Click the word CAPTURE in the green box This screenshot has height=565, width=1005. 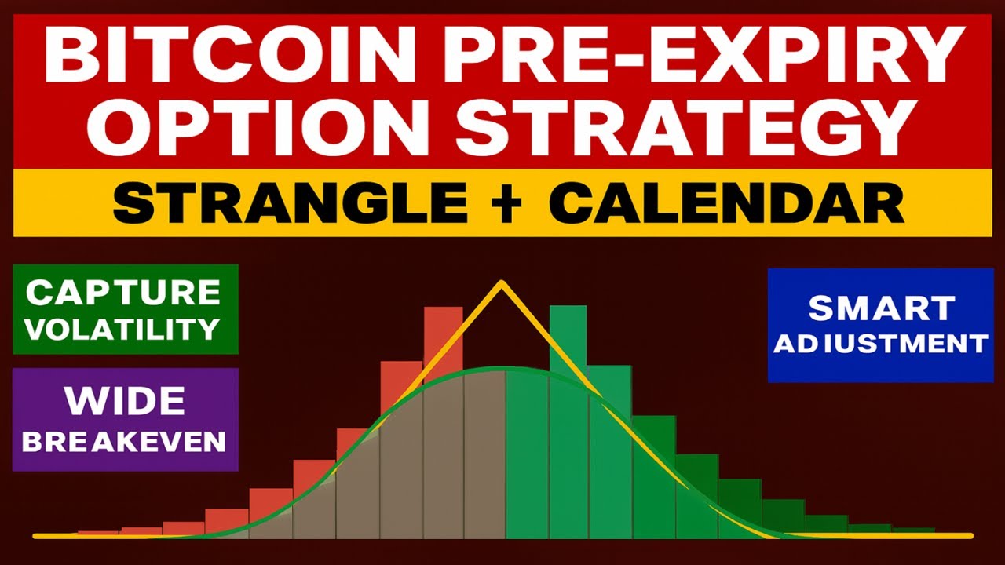[123, 292]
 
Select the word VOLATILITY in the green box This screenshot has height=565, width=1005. [123, 328]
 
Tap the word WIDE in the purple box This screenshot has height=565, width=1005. [125, 402]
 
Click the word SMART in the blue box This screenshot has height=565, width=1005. [882, 308]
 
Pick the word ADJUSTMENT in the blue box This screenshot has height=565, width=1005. [880, 344]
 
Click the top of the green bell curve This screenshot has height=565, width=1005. [502, 368]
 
